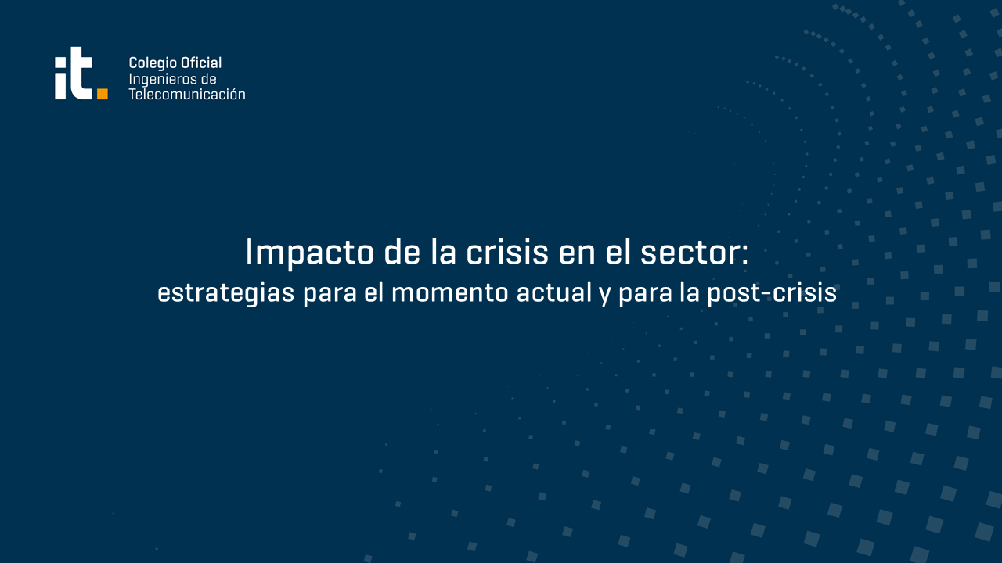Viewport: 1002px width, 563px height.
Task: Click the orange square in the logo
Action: coord(103,94)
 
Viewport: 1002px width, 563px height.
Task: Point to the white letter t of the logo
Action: coord(81,74)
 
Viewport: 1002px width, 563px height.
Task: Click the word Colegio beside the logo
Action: coord(149,63)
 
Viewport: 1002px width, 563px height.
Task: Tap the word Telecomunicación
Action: coord(187,95)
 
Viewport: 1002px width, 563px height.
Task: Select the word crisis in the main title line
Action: coord(507,252)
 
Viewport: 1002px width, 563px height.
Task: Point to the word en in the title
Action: coord(578,255)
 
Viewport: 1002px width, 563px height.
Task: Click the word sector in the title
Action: coord(689,253)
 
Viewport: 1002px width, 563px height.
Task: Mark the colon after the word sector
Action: coord(744,256)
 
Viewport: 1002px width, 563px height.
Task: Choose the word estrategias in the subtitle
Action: coord(226,293)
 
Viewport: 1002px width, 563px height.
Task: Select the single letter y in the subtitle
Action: coord(605,296)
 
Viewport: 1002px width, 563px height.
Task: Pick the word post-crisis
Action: coord(772,293)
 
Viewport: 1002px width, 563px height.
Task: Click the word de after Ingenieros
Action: coord(209,79)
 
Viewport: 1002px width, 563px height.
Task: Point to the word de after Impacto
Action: coord(402,252)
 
